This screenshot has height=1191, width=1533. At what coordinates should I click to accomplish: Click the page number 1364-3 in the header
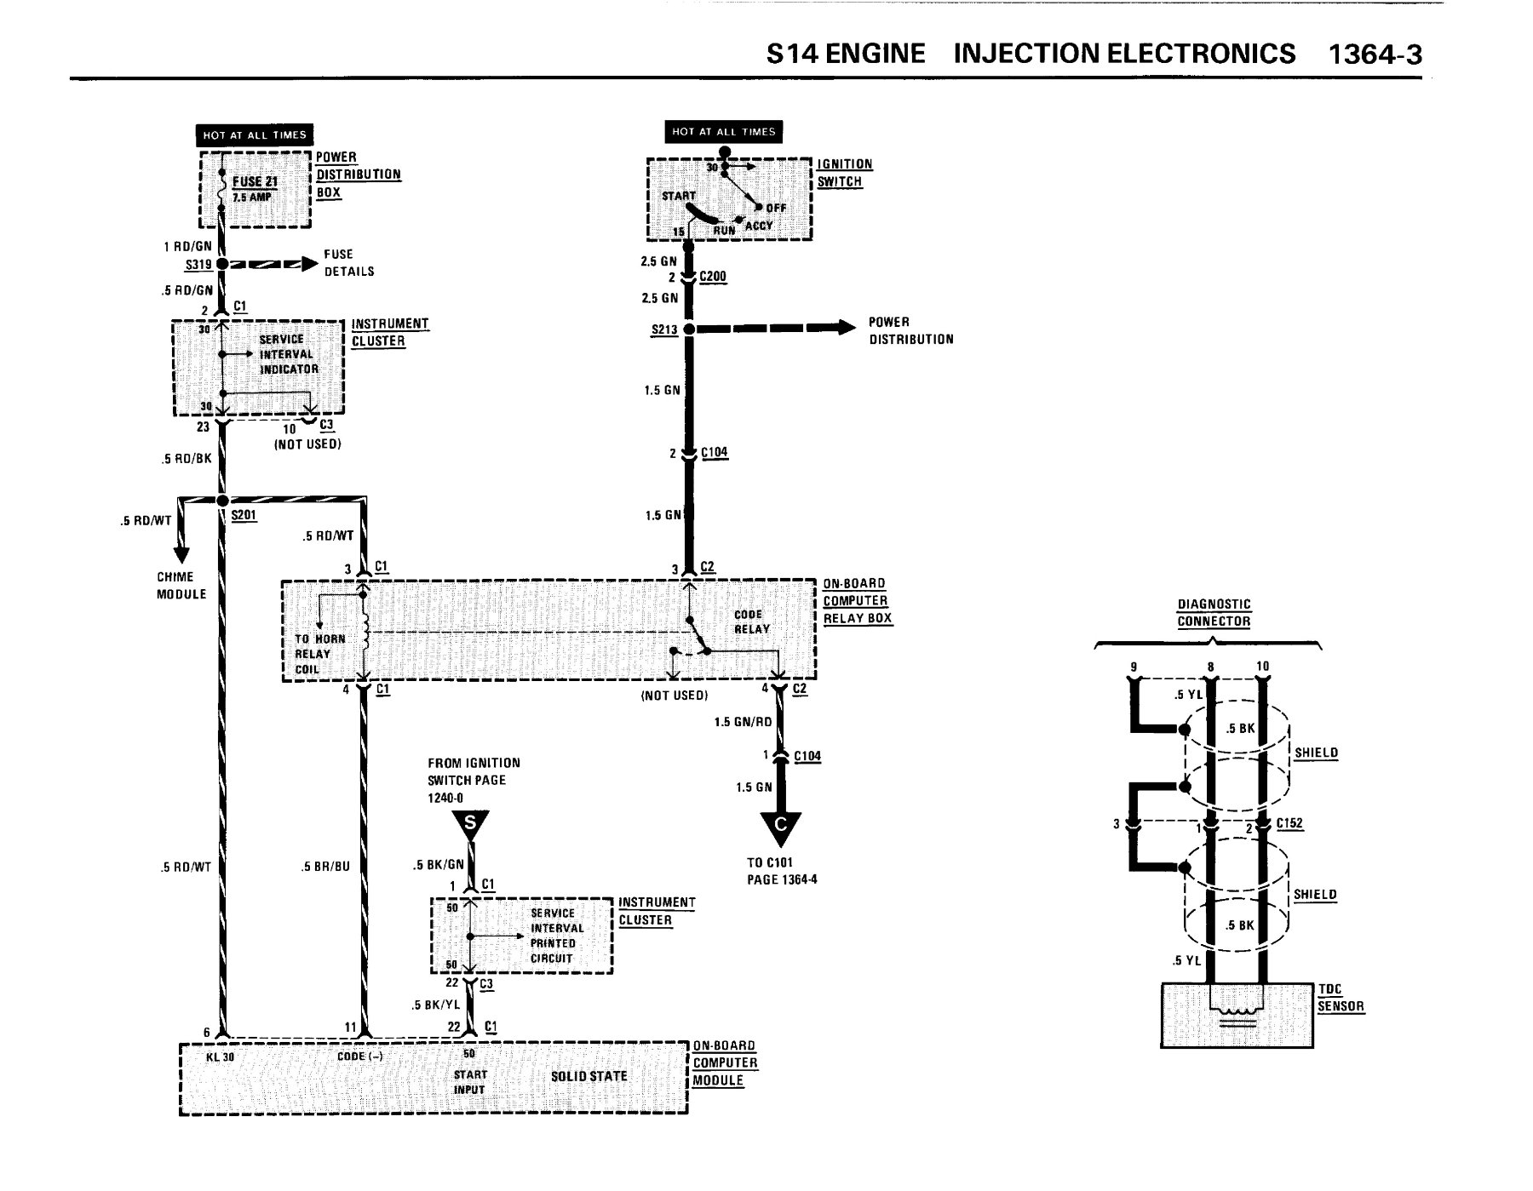1375,54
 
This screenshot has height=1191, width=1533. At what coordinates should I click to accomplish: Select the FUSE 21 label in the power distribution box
255,181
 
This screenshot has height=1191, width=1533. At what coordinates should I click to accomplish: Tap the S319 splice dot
221,264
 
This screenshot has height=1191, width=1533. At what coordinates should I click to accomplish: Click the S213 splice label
664,329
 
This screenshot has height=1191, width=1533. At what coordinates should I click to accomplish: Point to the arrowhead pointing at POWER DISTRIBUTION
845,328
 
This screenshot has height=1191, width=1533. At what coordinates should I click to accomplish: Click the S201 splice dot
222,501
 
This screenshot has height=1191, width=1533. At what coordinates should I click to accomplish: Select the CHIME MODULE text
181,585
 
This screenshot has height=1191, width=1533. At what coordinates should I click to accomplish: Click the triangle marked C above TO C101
781,824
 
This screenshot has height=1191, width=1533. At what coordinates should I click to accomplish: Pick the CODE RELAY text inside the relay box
751,621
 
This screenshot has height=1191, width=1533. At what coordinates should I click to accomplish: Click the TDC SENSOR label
1341,997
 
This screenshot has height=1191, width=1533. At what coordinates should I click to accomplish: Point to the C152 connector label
1289,823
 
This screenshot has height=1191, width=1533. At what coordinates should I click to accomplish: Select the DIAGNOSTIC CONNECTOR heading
1214,612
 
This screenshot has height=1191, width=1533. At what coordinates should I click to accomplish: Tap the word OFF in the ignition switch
776,208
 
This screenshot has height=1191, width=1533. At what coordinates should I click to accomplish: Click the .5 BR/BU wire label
326,867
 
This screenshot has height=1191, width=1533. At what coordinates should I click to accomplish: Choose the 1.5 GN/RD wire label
743,722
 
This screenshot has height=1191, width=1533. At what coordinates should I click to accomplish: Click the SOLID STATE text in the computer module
589,1076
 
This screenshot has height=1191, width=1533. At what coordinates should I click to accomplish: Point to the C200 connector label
713,277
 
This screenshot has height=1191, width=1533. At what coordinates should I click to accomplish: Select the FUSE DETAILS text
348,262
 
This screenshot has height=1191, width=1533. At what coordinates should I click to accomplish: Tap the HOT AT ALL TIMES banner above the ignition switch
723,132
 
